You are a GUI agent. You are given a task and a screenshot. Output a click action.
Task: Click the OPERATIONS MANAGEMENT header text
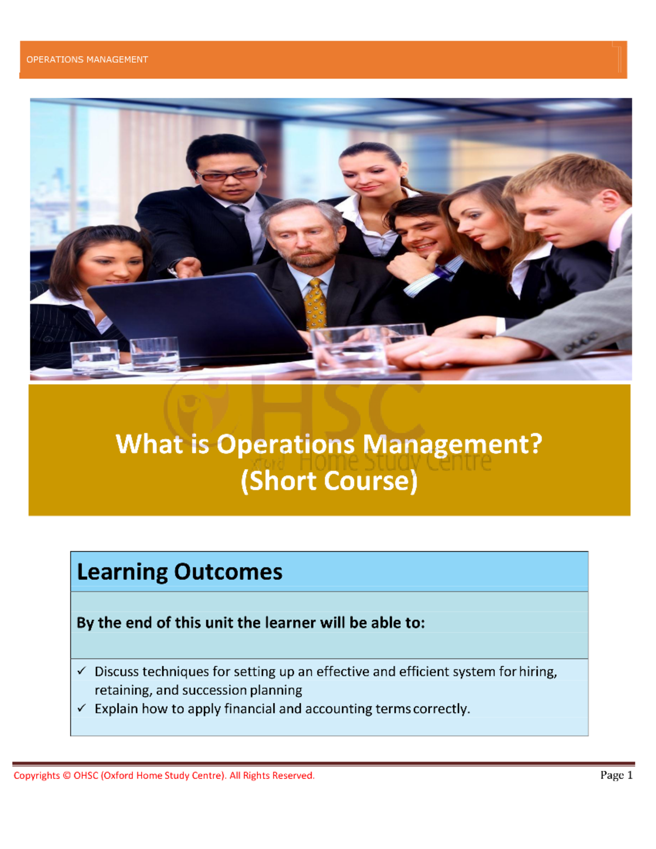click(x=87, y=60)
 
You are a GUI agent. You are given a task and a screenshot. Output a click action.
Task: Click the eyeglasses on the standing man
click(x=229, y=174)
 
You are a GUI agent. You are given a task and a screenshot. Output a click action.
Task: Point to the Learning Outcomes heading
click(x=180, y=572)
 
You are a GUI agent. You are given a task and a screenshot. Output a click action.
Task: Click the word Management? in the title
click(x=453, y=445)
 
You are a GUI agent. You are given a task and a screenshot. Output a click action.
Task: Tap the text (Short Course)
click(x=329, y=481)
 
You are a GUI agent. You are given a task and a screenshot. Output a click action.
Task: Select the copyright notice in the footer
click(x=164, y=776)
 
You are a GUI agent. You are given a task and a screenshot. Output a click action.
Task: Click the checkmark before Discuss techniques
click(x=81, y=671)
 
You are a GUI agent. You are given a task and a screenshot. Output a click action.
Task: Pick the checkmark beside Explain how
click(x=81, y=708)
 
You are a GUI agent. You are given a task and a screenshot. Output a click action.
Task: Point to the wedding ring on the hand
click(x=424, y=353)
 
